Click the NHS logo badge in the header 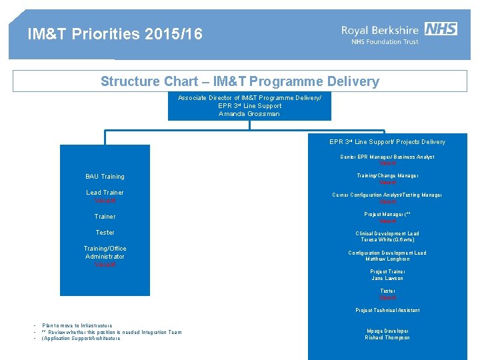click(441, 29)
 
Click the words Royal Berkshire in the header click(380, 30)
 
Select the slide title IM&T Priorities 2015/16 click(115, 34)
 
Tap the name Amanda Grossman click(249, 114)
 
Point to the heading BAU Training click(105, 177)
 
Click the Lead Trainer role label click(105, 193)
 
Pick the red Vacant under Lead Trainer click(105, 201)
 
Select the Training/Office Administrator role click(105, 253)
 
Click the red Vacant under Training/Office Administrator click(105, 265)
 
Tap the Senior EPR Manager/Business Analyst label click(387, 157)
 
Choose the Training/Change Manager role click(387, 176)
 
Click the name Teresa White click(387, 239)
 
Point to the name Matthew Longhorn click(387, 259)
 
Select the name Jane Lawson click(387, 278)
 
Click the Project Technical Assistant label click(387, 311)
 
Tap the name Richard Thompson click(387, 338)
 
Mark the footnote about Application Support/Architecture click(81, 339)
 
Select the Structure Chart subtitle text click(240, 82)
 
